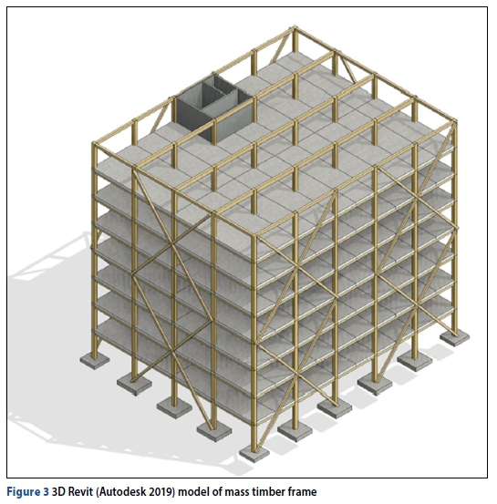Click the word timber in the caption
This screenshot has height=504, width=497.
click(267, 491)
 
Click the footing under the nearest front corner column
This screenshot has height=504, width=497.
click(254, 454)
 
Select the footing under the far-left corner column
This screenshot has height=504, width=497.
click(95, 360)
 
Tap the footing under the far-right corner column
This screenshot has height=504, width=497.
click(454, 337)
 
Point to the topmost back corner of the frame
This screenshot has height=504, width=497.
click(295, 28)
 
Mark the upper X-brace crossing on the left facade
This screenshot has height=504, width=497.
click(173, 245)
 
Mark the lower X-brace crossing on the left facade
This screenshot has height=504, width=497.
click(173, 352)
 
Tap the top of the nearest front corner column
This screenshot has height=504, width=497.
click(254, 237)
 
